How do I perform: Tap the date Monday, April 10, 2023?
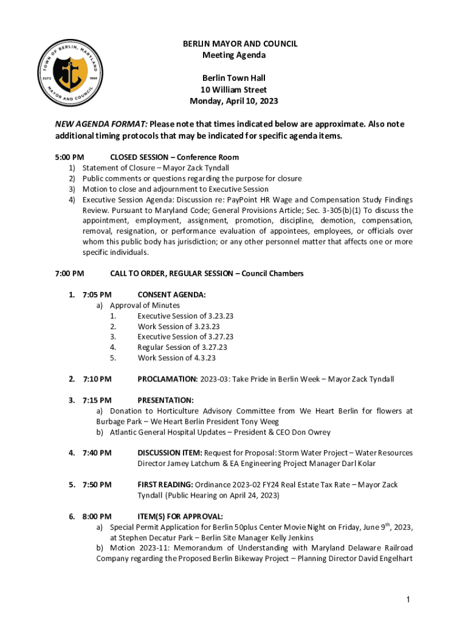(x=234, y=101)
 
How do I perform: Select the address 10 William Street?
(x=234, y=89)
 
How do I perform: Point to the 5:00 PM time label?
(x=69, y=157)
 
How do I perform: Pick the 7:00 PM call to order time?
(x=69, y=273)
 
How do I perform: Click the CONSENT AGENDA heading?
(x=171, y=294)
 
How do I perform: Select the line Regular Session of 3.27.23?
(x=182, y=347)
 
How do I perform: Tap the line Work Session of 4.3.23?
(x=176, y=358)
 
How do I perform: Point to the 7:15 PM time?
(x=97, y=400)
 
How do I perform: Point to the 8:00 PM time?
(x=97, y=516)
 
